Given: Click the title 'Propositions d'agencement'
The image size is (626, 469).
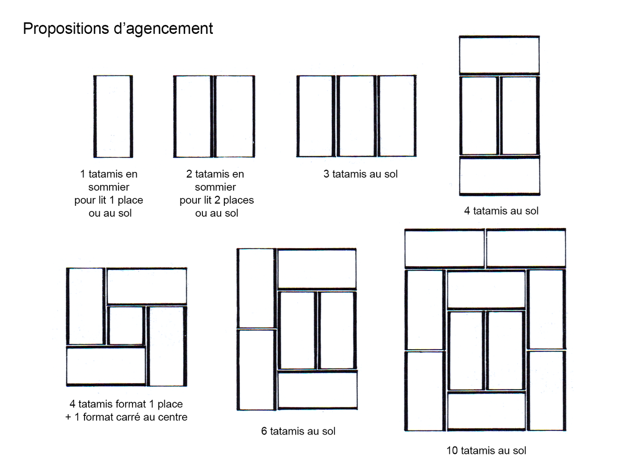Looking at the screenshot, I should (x=118, y=28).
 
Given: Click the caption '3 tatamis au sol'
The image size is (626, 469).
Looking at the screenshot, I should (x=360, y=174).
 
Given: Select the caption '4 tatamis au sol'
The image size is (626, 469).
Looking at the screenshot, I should (x=501, y=211).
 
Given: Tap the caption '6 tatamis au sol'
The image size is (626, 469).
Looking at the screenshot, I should (x=298, y=431).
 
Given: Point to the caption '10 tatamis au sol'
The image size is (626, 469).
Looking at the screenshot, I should (x=486, y=450).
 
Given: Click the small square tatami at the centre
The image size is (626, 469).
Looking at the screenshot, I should (x=126, y=326).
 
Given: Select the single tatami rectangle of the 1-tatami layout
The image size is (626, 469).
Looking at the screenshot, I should (x=113, y=116).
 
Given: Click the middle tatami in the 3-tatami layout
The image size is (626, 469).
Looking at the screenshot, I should (x=356, y=116).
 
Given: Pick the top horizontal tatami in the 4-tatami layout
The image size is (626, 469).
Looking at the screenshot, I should (x=499, y=55).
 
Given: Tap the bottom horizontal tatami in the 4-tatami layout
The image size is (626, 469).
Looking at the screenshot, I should (x=499, y=176).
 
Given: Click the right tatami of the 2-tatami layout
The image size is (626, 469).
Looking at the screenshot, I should (x=234, y=116).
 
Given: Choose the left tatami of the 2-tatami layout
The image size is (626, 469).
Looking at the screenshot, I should (x=193, y=116).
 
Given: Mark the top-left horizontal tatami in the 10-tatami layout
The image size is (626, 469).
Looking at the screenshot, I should (x=444, y=249).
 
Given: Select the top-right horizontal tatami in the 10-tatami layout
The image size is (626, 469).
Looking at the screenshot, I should (x=526, y=249).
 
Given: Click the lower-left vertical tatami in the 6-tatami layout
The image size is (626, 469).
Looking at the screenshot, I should (x=256, y=369).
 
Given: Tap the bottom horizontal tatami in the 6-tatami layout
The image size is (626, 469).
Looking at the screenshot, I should (x=317, y=390).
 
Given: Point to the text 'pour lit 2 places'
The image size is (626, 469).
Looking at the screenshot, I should (x=216, y=200).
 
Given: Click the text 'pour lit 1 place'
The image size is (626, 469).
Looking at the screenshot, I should (x=109, y=200).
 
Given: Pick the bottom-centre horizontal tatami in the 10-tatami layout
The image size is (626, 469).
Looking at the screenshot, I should (x=486, y=411).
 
